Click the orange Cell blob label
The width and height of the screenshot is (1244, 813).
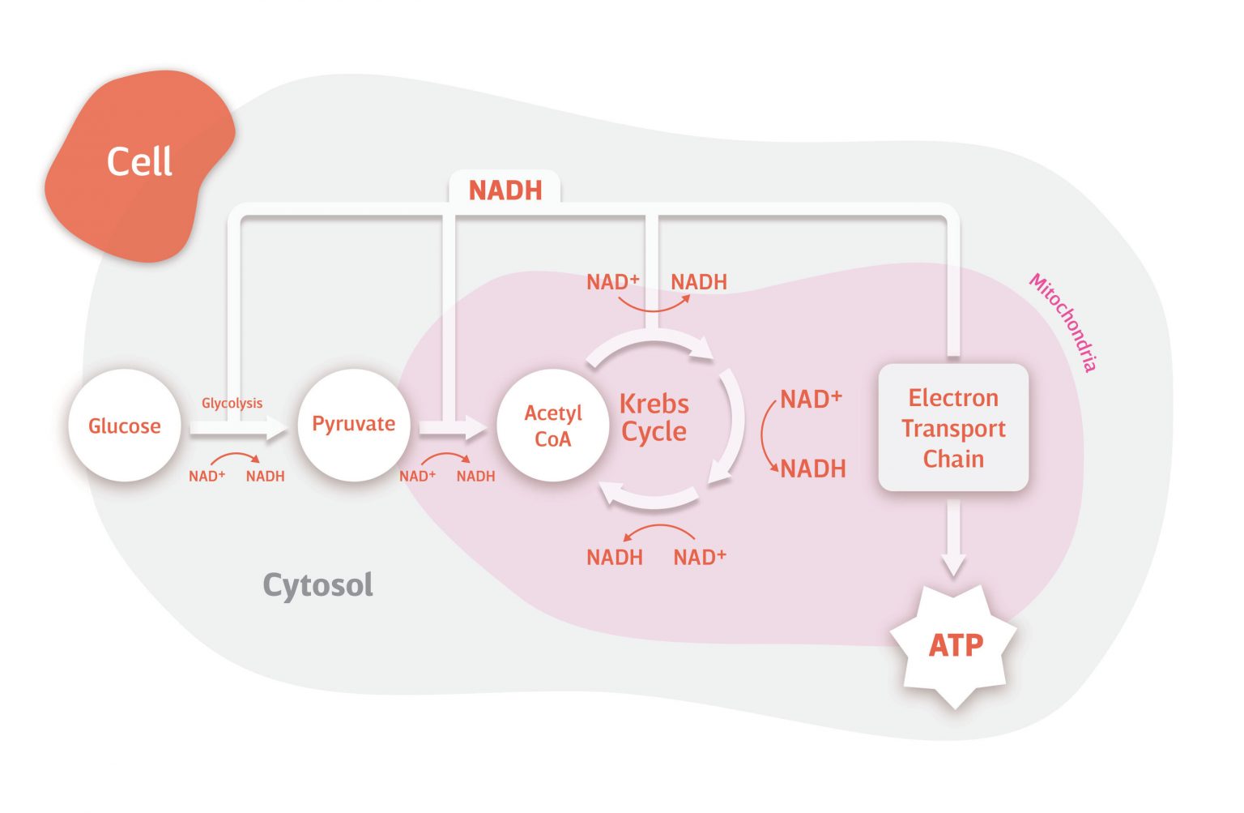click(x=139, y=162)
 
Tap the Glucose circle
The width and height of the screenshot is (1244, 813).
click(x=125, y=426)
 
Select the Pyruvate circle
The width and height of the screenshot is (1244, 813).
click(x=354, y=424)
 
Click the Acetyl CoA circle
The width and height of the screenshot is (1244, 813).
click(x=553, y=426)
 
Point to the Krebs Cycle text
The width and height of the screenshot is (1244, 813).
click(x=654, y=417)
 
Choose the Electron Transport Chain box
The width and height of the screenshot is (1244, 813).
click(x=953, y=428)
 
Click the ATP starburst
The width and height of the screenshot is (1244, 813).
click(x=956, y=646)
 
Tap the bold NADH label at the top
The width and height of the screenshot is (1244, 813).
click(x=505, y=190)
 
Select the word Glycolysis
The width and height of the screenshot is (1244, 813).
click(x=232, y=403)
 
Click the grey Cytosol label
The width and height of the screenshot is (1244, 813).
click(x=317, y=584)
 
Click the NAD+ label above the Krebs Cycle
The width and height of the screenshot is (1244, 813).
click(x=612, y=282)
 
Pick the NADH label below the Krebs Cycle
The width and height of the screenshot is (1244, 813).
click(x=615, y=558)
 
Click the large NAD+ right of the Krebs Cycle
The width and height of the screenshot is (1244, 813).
click(x=811, y=400)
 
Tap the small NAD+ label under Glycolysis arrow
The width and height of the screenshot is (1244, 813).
click(x=207, y=477)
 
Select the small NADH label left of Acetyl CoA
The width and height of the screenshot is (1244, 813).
click(x=475, y=477)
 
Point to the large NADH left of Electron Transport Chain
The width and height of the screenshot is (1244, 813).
click(x=813, y=469)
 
